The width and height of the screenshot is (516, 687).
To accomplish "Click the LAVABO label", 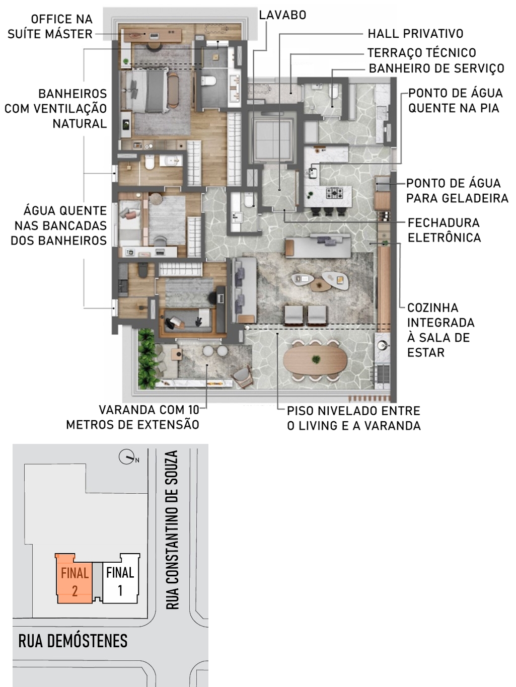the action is (x=282, y=15).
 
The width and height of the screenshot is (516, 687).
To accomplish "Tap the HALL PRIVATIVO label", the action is (x=415, y=34).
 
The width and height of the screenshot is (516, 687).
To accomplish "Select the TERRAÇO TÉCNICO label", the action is (x=422, y=52).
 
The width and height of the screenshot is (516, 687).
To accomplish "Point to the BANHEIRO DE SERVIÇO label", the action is (x=436, y=68).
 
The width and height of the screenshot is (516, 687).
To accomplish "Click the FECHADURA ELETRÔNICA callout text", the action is (x=444, y=230).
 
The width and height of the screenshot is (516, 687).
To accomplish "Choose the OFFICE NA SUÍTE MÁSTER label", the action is (x=50, y=27).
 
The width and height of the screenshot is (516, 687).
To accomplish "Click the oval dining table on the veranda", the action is (x=316, y=360).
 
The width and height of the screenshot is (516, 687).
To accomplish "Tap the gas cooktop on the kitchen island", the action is (x=334, y=193).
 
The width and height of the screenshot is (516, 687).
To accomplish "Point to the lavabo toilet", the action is (x=249, y=200).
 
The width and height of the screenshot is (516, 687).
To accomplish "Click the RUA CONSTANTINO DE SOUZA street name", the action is (x=172, y=529).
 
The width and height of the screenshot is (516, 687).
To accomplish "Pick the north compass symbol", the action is (x=127, y=457).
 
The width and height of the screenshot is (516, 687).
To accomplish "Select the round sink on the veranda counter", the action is (x=382, y=345).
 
